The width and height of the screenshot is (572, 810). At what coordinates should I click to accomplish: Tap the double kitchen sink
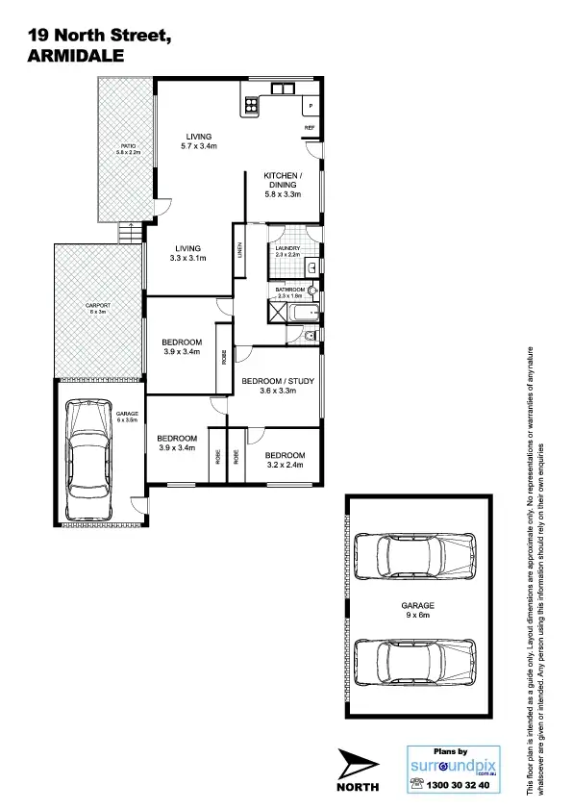284,89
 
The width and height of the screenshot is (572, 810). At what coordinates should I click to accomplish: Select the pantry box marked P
311,105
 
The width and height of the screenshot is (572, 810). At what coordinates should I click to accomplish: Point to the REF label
310,127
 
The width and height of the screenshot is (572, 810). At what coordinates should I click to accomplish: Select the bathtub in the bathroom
302,313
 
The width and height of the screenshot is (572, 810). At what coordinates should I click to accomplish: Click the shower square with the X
277,312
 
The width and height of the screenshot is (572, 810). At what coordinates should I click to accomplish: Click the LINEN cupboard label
239,251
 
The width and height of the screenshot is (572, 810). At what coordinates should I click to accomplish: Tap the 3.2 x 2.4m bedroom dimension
285,465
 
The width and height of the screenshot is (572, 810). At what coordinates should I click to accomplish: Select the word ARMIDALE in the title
77,56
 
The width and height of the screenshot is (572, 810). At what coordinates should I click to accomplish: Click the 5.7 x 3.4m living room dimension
199,146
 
